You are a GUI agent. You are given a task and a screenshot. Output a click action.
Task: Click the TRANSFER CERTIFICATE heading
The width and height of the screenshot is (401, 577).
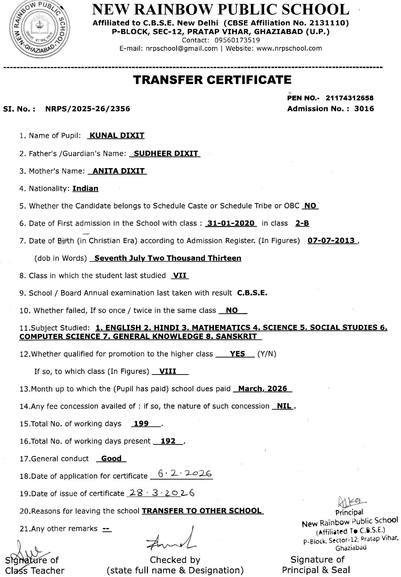[212, 80]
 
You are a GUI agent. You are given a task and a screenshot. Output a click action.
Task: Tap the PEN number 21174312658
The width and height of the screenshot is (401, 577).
[350, 98]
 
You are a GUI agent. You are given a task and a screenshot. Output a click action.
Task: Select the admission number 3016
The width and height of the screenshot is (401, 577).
[364, 109]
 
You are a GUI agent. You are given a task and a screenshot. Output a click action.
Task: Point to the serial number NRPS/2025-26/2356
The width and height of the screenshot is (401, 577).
[87, 109]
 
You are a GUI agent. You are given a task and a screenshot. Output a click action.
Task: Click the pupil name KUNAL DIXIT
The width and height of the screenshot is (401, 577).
[117, 135]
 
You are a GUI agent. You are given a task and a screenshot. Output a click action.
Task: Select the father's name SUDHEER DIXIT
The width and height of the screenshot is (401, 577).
[166, 153]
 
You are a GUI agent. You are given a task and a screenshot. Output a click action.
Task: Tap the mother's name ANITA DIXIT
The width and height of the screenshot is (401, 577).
[119, 171]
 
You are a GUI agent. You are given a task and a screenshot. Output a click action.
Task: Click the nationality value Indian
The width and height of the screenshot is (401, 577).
[85, 188]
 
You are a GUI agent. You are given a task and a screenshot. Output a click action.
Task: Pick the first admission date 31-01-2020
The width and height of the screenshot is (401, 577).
[231, 223]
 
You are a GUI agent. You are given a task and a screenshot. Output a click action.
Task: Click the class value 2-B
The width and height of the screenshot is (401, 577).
[302, 223]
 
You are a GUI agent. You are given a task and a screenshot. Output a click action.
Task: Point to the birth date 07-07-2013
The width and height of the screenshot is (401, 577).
[331, 241]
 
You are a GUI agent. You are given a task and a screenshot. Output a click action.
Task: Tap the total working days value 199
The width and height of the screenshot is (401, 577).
[141, 423]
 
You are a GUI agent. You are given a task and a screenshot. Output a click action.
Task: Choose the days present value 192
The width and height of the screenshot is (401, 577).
[168, 441]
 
